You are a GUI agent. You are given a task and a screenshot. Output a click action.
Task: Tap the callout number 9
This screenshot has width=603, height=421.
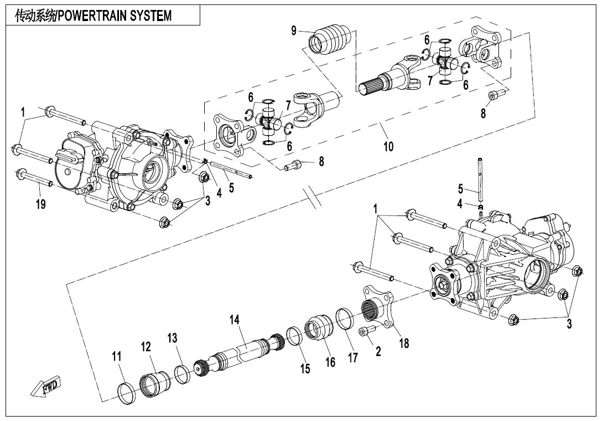tap(295, 31)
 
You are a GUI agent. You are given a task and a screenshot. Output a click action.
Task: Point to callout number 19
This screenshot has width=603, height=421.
tap(41, 204)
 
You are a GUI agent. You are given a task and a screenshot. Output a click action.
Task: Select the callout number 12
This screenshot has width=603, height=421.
tap(145, 347)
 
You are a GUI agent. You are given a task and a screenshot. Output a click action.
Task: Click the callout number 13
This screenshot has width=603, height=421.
tap(173, 338)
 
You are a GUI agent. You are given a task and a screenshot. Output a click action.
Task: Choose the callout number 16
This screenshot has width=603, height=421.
tap(330, 362)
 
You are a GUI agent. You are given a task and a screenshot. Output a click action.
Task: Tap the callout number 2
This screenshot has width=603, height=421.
tap(378, 350)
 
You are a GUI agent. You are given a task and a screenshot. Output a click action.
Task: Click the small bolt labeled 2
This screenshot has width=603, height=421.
tap(367, 330)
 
